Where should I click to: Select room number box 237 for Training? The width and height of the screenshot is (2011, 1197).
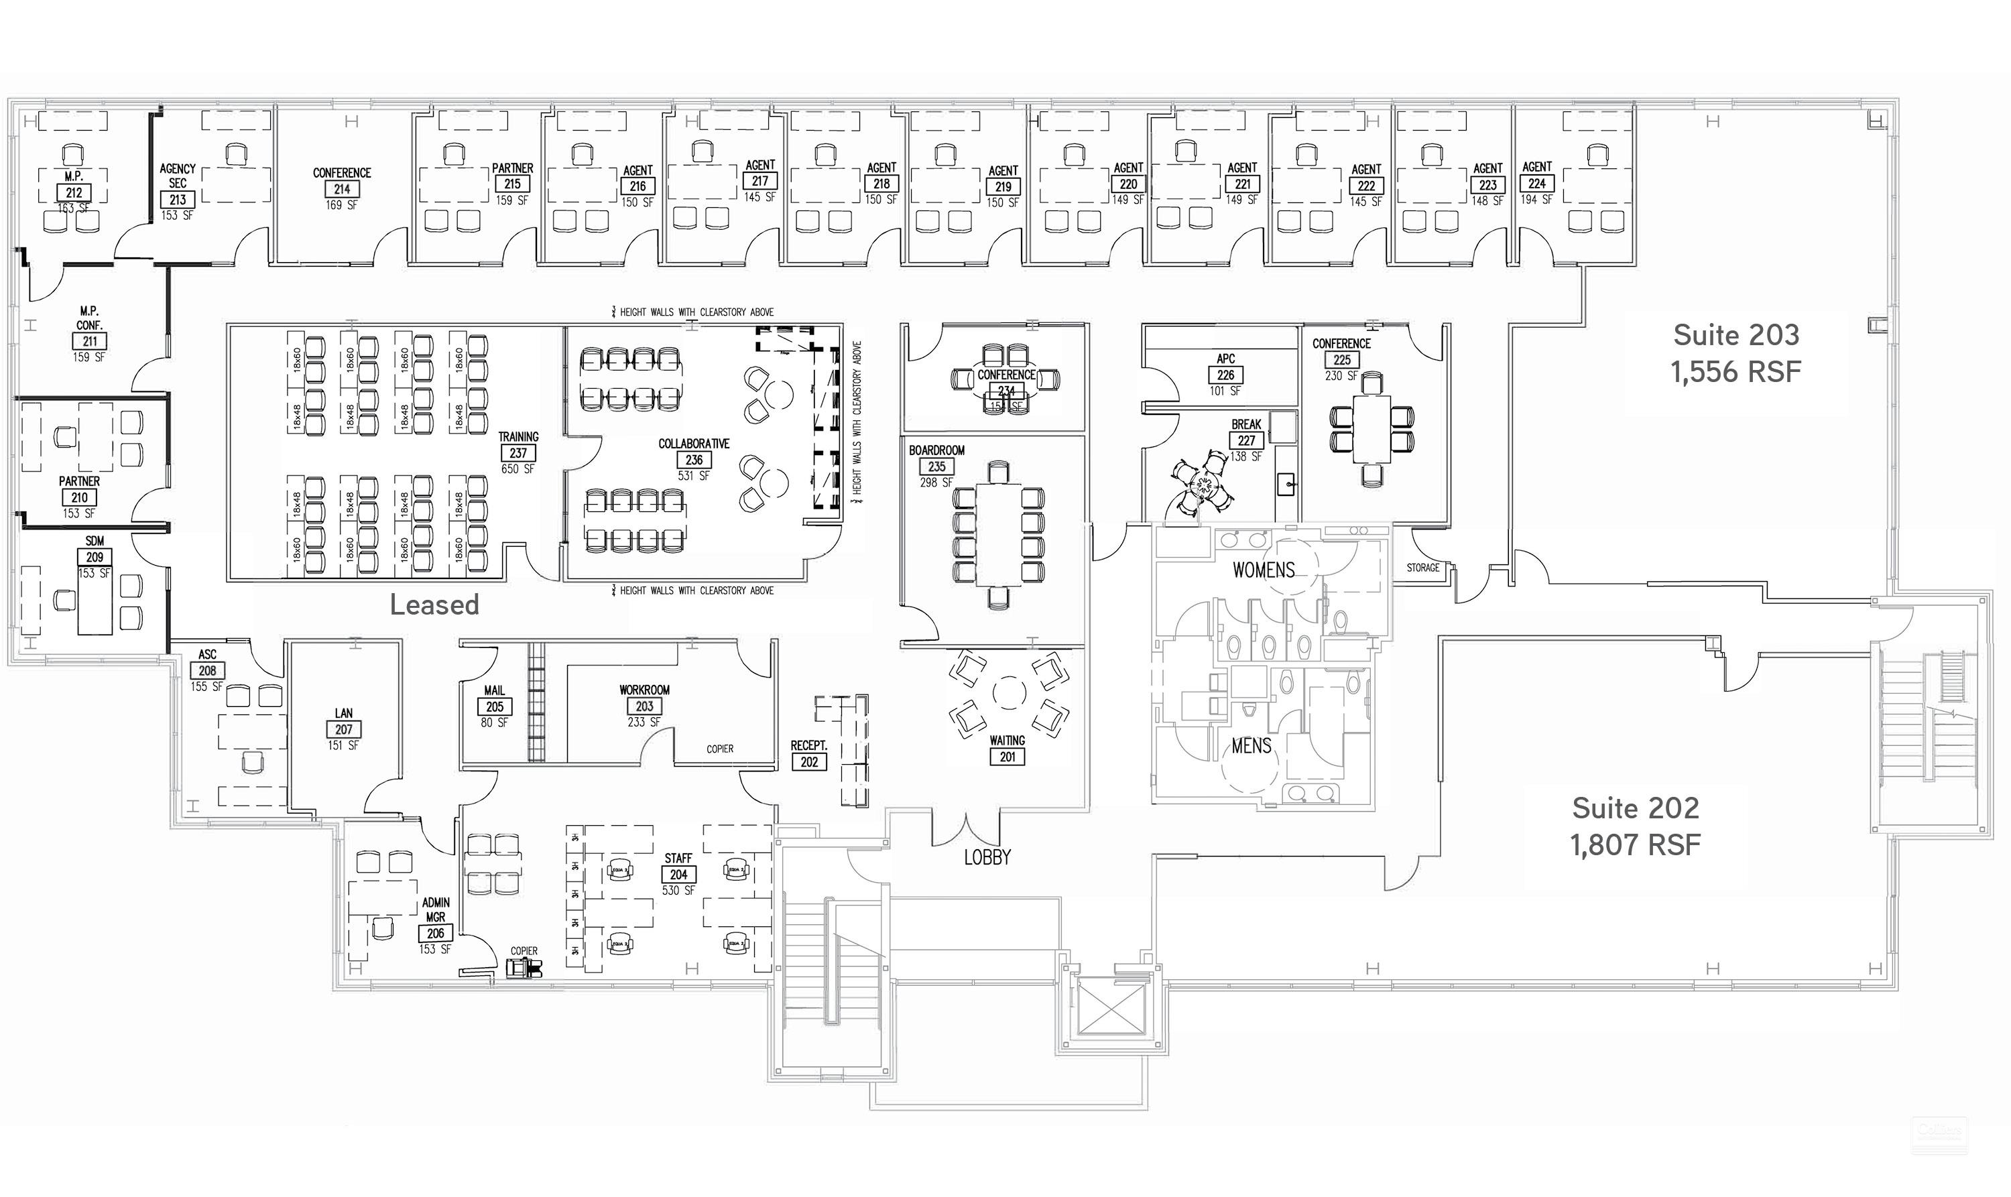[x=518, y=453]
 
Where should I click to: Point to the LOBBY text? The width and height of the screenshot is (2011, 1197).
[x=987, y=857]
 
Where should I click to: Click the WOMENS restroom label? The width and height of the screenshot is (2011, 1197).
[x=1263, y=570]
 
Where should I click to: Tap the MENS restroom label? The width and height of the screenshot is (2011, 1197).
[x=1251, y=746]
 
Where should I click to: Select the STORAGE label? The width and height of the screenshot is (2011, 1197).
[x=1422, y=568]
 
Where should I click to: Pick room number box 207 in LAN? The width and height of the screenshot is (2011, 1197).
[x=344, y=729]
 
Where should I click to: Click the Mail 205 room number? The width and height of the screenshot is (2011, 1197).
[x=495, y=706]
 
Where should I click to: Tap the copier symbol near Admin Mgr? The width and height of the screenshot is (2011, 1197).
[x=524, y=968]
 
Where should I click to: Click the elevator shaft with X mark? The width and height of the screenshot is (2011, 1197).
[x=1110, y=1007]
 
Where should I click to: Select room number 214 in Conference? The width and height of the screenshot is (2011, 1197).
[x=342, y=190]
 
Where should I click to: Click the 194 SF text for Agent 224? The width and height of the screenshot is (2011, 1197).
[x=1536, y=199]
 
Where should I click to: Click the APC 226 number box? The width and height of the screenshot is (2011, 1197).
[x=1225, y=375]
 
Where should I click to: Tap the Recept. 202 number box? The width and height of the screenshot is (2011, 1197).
[x=809, y=761]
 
